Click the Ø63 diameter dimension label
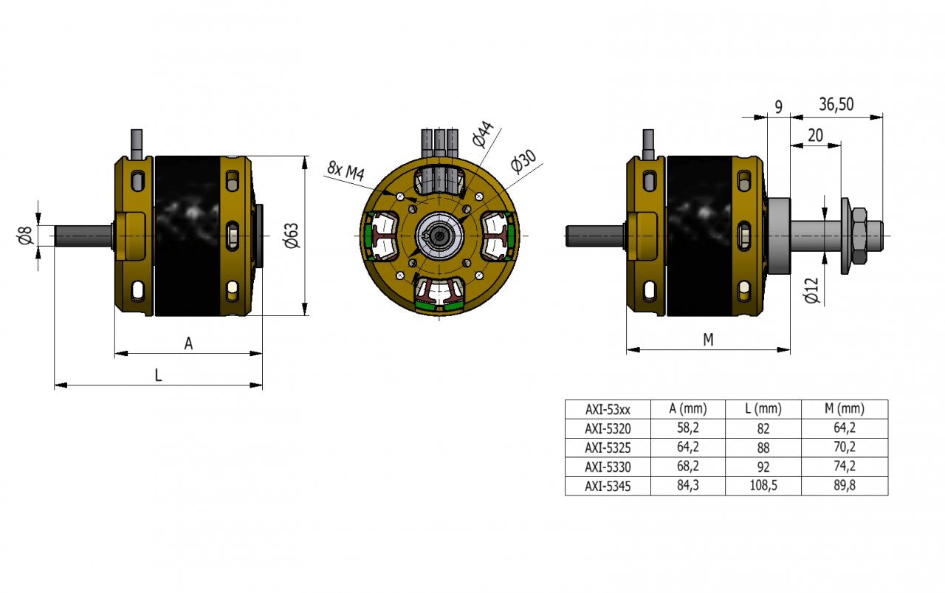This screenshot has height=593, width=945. (292, 235)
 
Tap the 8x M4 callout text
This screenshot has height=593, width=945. (346, 171)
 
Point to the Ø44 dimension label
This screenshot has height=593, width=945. (481, 134)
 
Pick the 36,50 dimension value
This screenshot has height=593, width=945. (836, 104)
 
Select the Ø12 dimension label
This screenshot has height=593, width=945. (811, 289)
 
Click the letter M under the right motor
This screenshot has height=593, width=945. (708, 339)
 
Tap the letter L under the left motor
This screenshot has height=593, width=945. (158, 374)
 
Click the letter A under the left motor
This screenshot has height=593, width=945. (188, 343)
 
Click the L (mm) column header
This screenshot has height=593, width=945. (763, 409)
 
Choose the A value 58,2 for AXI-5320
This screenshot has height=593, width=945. (687, 428)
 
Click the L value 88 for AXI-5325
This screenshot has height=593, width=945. (763, 448)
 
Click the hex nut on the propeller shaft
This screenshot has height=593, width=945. (859, 236)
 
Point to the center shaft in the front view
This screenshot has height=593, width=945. (441, 236)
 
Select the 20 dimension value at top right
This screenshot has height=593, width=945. (815, 134)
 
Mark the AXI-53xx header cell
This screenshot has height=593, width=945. (608, 409)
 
